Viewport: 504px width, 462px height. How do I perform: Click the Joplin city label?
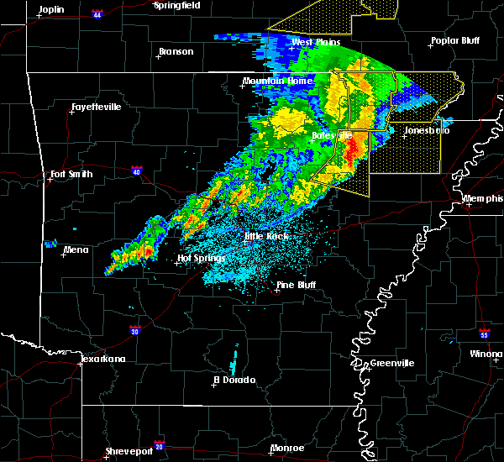coord(51,8)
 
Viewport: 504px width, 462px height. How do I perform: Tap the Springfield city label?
coord(177,5)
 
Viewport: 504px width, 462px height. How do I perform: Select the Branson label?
coord(176,51)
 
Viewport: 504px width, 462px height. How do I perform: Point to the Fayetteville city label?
coord(95,107)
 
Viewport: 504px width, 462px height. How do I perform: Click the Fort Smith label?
coord(70,175)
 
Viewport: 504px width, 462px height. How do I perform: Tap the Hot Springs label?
coord(198,259)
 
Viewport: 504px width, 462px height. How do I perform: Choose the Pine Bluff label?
coord(298,286)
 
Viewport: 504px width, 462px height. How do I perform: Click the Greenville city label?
coord(390,363)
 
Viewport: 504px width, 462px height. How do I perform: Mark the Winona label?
coord(486,354)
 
